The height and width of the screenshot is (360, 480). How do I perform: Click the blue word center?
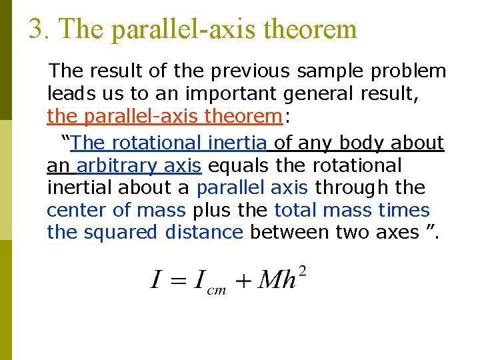point(77,211)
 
